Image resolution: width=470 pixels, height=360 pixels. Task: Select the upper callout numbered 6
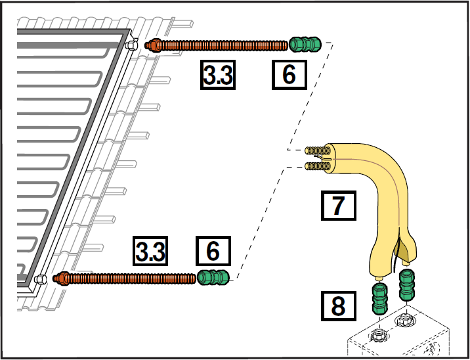pos(289,76)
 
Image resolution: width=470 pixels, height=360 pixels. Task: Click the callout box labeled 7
pos(338,206)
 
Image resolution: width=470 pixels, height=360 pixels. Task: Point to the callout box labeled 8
pos(338,305)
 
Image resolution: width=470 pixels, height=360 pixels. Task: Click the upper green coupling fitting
pos(305,45)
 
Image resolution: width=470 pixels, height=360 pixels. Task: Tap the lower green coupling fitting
pos(213,278)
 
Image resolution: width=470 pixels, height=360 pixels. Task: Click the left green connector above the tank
pos(380,300)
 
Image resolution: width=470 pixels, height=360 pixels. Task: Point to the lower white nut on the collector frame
pos(41,279)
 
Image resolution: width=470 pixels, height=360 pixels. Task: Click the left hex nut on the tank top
pos(379,336)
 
